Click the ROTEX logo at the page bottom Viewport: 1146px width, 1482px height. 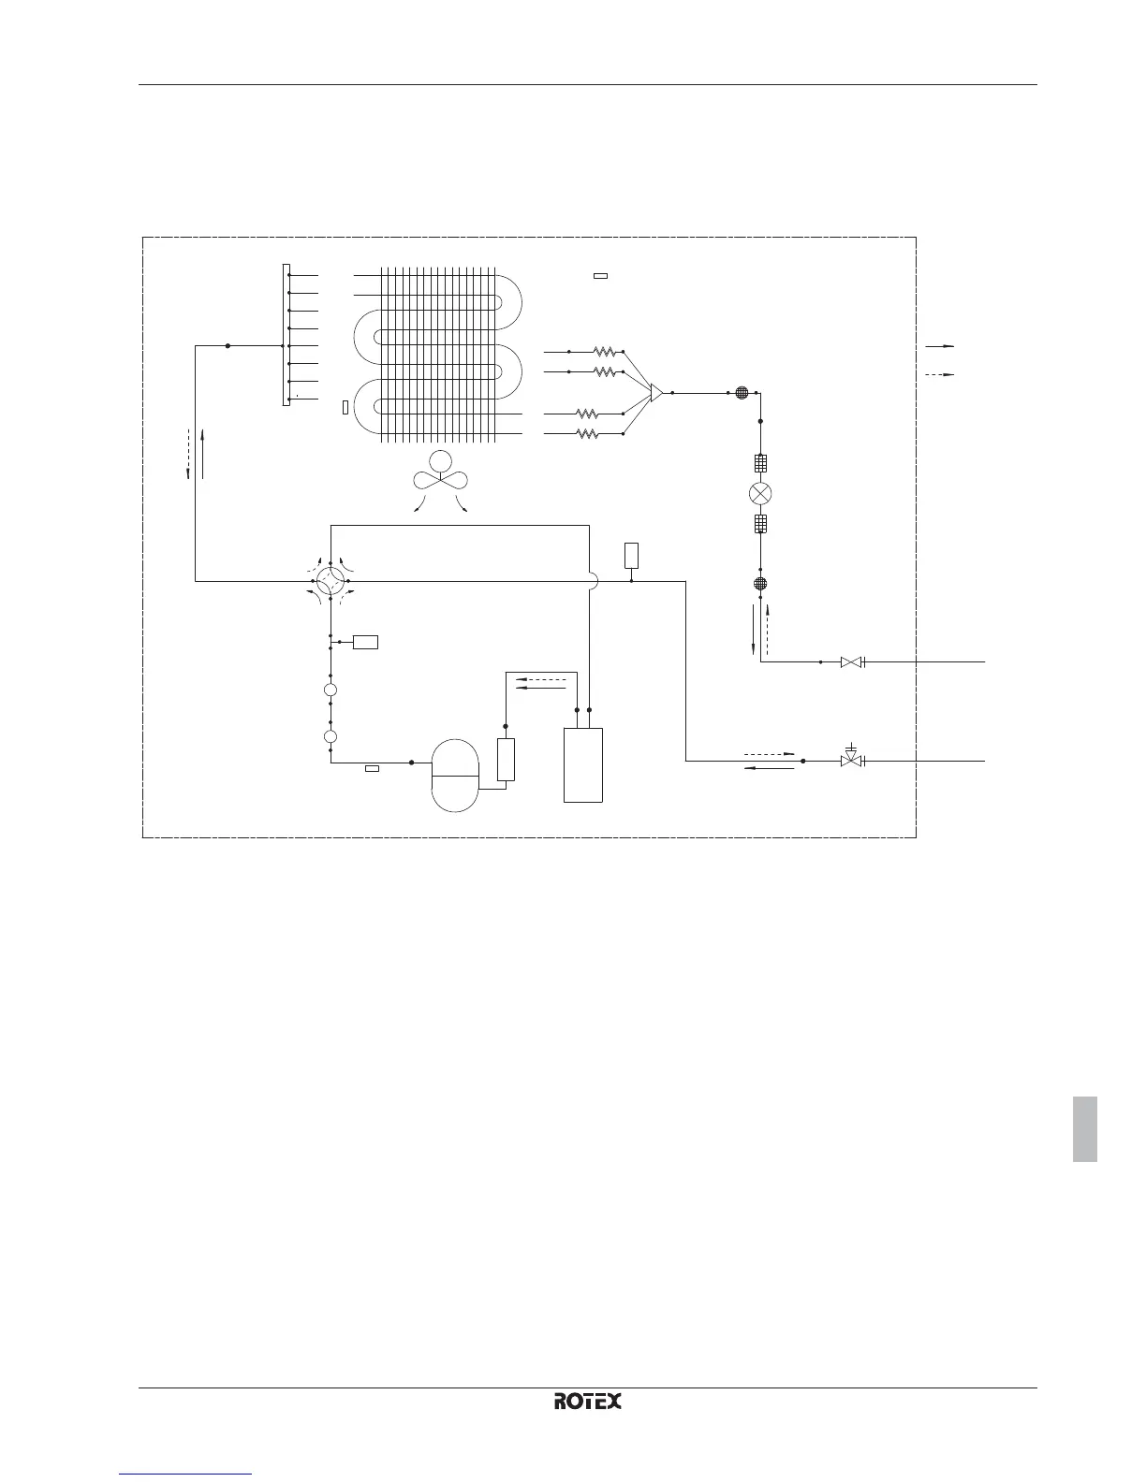[588, 1401]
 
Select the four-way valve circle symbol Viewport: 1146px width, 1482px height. [331, 581]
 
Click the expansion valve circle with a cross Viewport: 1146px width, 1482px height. [760, 493]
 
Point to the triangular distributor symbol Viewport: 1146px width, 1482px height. [656, 393]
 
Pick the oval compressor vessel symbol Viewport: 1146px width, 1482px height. [454, 776]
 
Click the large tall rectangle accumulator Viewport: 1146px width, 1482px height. [582, 764]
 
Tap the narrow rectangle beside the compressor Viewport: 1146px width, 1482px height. [506, 760]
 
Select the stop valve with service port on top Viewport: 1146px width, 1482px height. [851, 760]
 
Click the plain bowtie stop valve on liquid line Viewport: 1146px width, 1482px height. [851, 662]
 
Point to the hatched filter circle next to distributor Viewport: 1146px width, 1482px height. [742, 393]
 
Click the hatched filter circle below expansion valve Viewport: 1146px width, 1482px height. [760, 584]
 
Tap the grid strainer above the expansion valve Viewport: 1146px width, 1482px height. [760, 462]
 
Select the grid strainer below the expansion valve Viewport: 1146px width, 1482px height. [760, 524]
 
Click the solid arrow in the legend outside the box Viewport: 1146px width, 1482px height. [939, 346]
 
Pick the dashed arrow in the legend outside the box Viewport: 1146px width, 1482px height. [939, 374]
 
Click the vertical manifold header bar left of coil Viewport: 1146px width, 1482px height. [286, 335]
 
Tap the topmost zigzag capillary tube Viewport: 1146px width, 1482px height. [604, 353]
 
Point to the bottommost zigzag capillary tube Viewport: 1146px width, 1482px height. [587, 433]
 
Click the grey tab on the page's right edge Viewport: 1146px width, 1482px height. [1084, 1115]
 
